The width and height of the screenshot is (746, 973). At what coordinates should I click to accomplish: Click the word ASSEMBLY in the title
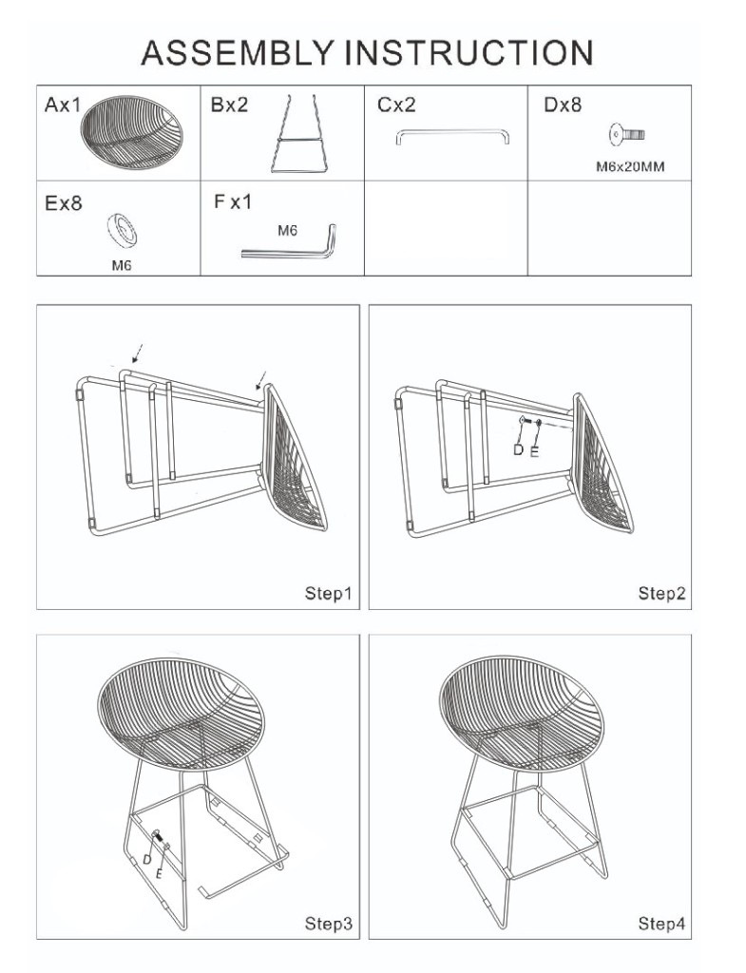(237, 53)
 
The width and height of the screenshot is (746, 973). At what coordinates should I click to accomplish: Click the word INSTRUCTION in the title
(469, 53)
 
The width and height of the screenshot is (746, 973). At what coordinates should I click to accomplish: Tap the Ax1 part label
(63, 105)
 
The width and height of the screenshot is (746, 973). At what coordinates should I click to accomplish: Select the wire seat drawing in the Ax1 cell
(131, 133)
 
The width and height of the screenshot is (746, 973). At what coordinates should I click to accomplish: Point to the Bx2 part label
(229, 105)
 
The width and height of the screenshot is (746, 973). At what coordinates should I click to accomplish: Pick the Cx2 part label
(396, 105)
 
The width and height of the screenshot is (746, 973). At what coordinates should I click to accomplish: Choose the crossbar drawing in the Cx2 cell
(452, 131)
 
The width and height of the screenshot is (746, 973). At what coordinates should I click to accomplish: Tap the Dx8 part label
(563, 105)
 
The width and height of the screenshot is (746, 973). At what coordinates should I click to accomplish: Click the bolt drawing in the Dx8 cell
(626, 134)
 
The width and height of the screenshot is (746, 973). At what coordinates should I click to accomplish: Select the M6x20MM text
(630, 167)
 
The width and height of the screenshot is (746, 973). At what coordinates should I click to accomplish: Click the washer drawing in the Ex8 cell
(123, 230)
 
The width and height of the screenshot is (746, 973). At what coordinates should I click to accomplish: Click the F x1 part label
(233, 201)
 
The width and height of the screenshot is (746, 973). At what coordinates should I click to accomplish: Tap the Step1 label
(328, 593)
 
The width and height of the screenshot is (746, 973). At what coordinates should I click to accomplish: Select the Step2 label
(661, 593)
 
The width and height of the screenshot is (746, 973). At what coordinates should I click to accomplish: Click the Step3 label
(328, 924)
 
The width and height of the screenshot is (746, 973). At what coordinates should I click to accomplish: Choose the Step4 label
(661, 924)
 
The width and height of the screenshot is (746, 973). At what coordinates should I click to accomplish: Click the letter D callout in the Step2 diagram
(518, 449)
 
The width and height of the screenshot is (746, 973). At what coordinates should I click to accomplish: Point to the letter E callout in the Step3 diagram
(159, 874)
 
